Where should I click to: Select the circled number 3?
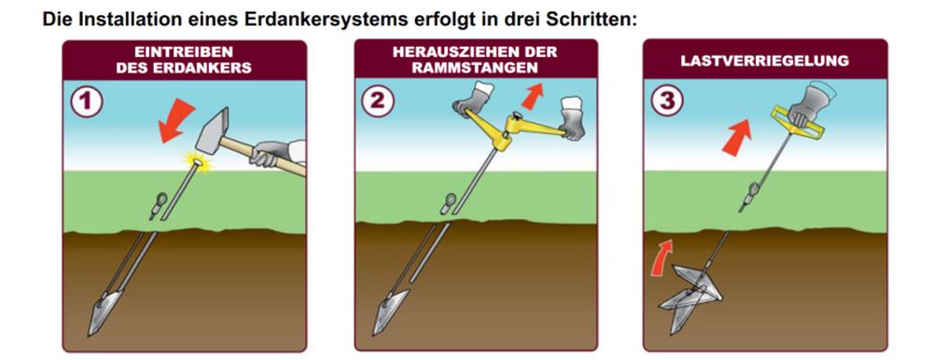667,101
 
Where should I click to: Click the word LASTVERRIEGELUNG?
765,62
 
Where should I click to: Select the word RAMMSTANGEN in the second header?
475,67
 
